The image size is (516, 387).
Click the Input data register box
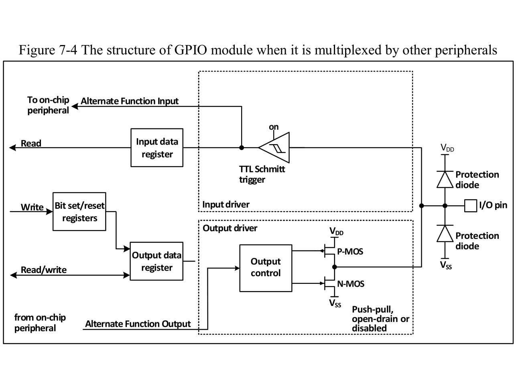(x=157, y=148)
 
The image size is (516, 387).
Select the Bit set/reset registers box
(x=79, y=212)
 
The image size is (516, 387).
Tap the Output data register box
(x=156, y=261)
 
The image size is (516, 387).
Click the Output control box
(x=266, y=268)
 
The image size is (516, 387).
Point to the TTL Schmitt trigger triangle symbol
(x=274, y=147)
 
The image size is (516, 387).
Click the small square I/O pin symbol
(x=470, y=206)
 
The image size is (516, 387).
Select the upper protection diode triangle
(x=445, y=179)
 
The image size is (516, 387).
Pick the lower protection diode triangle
(x=445, y=233)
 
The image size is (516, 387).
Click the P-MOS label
(x=350, y=252)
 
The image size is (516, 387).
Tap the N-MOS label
(x=350, y=284)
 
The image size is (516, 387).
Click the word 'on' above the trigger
(x=274, y=127)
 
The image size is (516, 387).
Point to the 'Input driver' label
(x=225, y=204)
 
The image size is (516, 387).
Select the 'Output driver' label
(x=230, y=228)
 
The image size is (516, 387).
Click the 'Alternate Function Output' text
(x=138, y=324)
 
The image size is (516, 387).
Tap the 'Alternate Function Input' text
(x=130, y=101)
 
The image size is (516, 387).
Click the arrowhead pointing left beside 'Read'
(x=13, y=148)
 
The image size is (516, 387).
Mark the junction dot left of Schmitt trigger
(x=242, y=148)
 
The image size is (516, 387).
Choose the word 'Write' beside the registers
(x=32, y=207)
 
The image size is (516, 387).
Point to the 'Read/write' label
(x=44, y=270)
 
